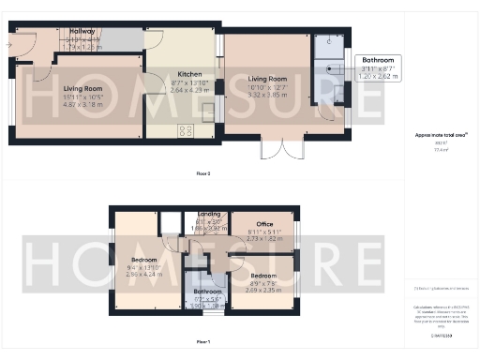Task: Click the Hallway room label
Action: pyautogui.click(x=82, y=31)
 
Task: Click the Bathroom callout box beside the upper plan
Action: pyautogui.click(x=378, y=67)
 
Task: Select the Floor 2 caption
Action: pyautogui.click(x=202, y=174)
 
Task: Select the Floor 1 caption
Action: pyautogui.click(x=202, y=342)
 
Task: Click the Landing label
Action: pyautogui.click(x=209, y=215)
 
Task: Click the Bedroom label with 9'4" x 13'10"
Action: pyautogui.click(x=143, y=259)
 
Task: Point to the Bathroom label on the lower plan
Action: pyautogui.click(x=199, y=291)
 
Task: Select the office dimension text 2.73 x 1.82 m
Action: pyautogui.click(x=263, y=239)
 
